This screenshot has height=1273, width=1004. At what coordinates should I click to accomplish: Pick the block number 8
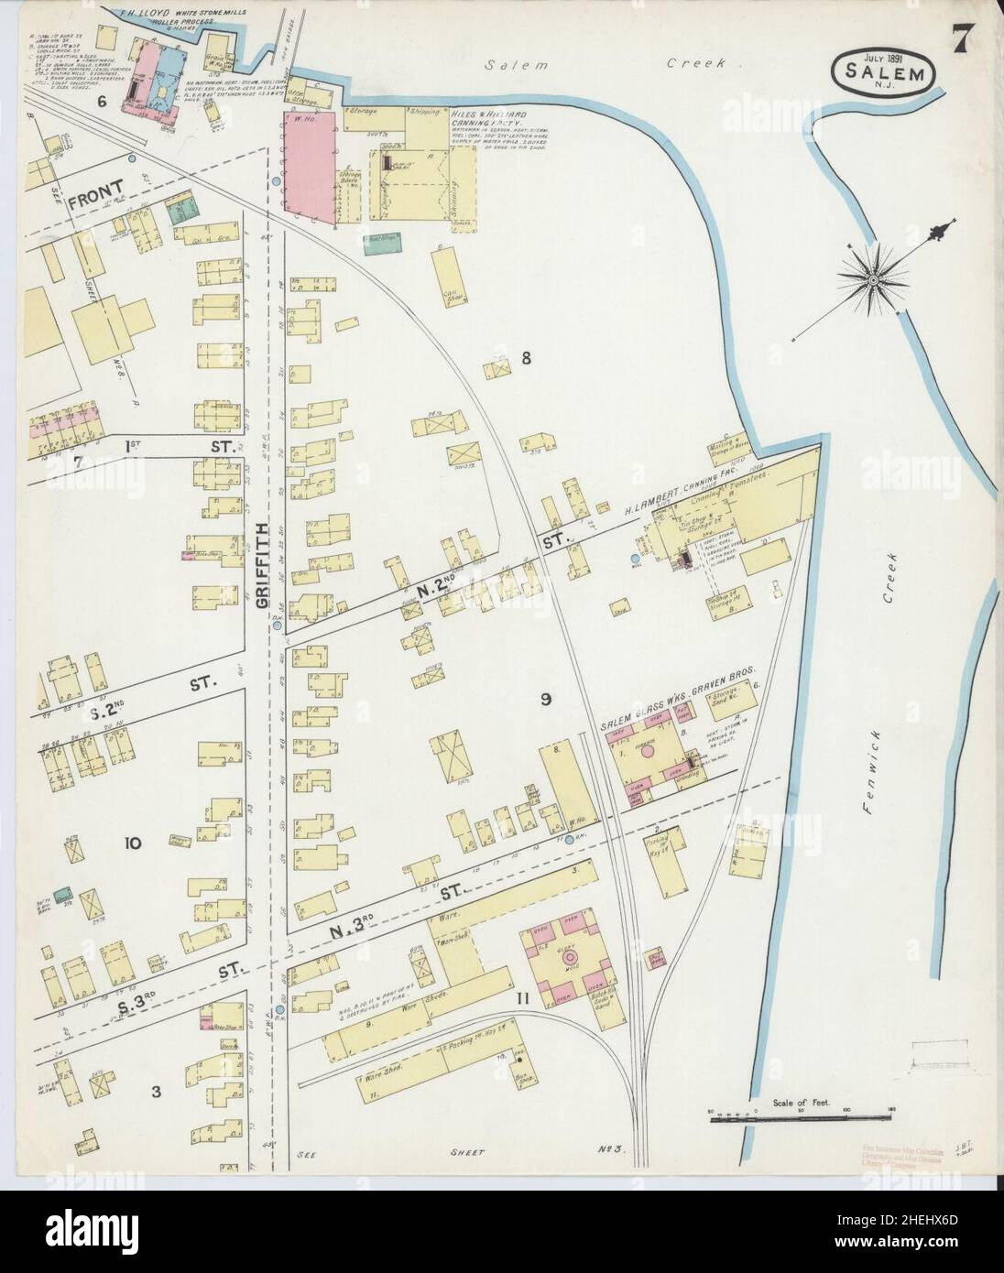(526, 358)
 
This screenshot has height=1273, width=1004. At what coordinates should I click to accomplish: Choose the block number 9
(545, 701)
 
